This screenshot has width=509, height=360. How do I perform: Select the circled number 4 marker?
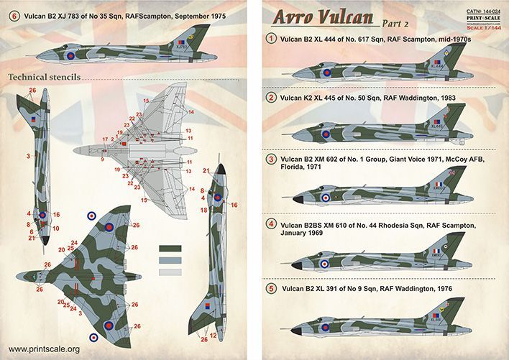pyautogui.click(x=271, y=225)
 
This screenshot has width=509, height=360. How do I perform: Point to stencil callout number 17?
pyautogui.click(x=105, y=139)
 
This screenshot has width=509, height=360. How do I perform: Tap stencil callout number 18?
pyautogui.click(x=204, y=210)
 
